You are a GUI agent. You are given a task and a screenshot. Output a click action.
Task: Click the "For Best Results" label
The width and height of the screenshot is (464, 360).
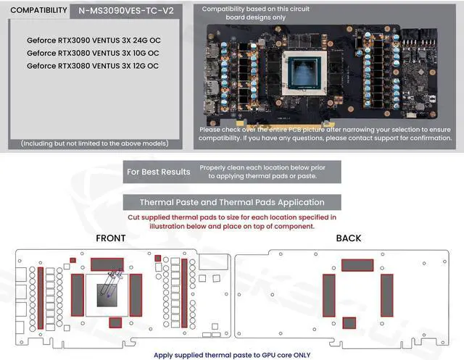pos(158,172)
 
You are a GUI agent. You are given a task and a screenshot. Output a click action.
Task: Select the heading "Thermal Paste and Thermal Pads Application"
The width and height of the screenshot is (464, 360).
pos(231,202)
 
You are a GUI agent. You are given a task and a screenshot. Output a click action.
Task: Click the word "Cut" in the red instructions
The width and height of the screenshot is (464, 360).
pos(135,217)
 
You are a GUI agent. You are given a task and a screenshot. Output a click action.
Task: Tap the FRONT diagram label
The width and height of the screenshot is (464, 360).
pos(110,238)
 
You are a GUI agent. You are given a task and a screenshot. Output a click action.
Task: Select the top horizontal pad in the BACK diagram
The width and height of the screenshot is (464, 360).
pos(357,265)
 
